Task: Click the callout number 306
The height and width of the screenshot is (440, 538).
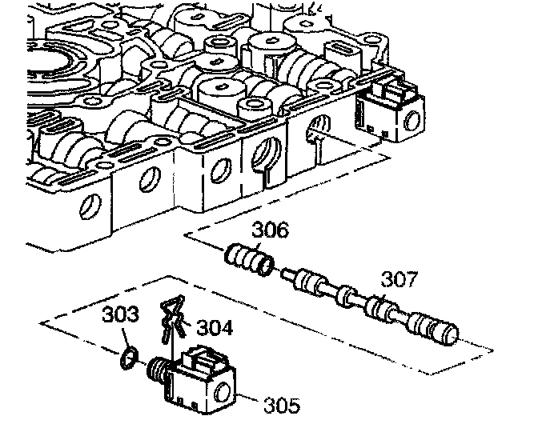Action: point(271,230)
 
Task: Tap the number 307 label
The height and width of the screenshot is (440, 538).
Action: point(399,279)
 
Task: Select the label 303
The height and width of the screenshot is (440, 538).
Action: point(119,315)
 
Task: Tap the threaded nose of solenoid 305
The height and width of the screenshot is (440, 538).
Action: point(158,370)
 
